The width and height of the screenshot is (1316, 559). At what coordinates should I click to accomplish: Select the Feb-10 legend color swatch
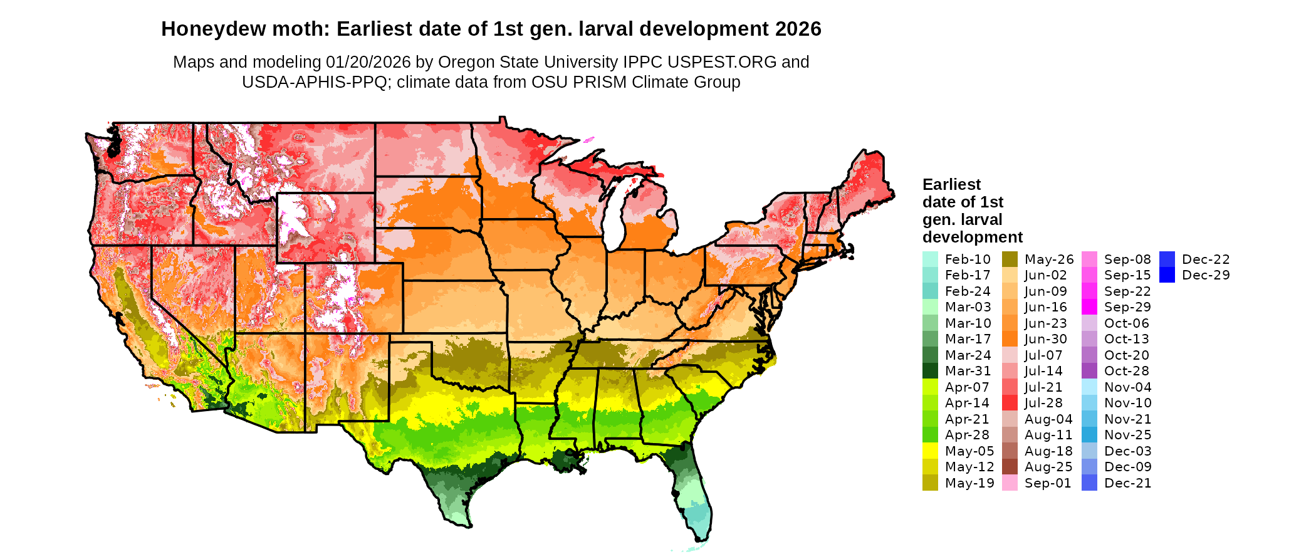(x=930, y=259)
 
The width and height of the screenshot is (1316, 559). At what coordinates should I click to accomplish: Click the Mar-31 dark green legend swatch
(x=930, y=371)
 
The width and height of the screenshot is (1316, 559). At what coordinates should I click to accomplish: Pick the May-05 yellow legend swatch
(x=930, y=451)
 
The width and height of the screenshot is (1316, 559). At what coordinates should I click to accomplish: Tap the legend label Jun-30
(x=1045, y=339)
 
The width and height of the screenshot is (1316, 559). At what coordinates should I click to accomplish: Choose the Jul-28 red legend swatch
(x=1010, y=403)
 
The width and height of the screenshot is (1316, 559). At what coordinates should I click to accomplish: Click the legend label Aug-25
(x=1048, y=467)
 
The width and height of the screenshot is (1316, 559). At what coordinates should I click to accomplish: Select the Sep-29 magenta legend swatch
(x=1089, y=307)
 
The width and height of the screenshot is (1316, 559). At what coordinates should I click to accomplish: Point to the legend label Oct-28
(x=1126, y=371)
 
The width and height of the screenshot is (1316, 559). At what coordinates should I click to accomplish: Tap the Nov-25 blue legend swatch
(x=1089, y=435)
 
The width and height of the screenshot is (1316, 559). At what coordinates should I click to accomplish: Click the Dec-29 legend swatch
(x=1167, y=275)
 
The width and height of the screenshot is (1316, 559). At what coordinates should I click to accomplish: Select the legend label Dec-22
(x=1206, y=259)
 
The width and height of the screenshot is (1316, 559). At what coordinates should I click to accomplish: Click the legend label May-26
(x=1048, y=259)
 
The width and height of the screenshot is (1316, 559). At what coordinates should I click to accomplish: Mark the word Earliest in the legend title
(x=951, y=184)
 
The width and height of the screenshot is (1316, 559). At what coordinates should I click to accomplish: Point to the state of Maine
(x=868, y=182)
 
